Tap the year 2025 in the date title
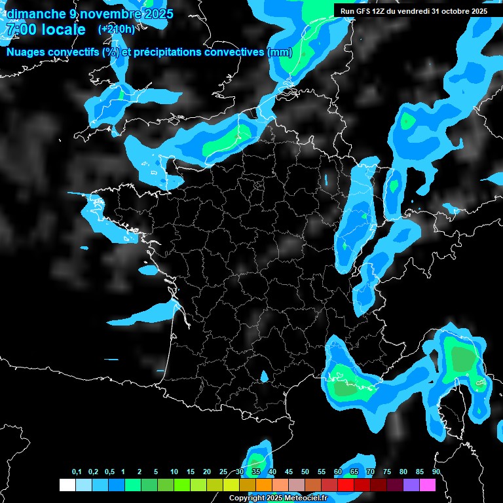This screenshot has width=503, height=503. click(x=157, y=14)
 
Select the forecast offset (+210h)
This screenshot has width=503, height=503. click(x=117, y=29)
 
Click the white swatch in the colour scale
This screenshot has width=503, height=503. click(x=67, y=485)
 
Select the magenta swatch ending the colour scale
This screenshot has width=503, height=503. click(x=428, y=485)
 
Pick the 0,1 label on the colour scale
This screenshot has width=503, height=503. click(x=77, y=472)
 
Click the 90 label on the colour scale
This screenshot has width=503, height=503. click(x=436, y=472)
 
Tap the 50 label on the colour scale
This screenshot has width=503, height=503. click(x=305, y=472)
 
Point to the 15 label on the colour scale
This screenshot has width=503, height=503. click(x=191, y=472)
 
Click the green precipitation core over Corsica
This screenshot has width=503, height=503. click(x=464, y=359)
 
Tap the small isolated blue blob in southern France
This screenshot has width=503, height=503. click(x=264, y=377)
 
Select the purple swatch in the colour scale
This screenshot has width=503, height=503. click(x=411, y=485)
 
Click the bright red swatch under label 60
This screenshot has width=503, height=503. click(x=346, y=485)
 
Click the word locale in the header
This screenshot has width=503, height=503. click(x=62, y=29)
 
